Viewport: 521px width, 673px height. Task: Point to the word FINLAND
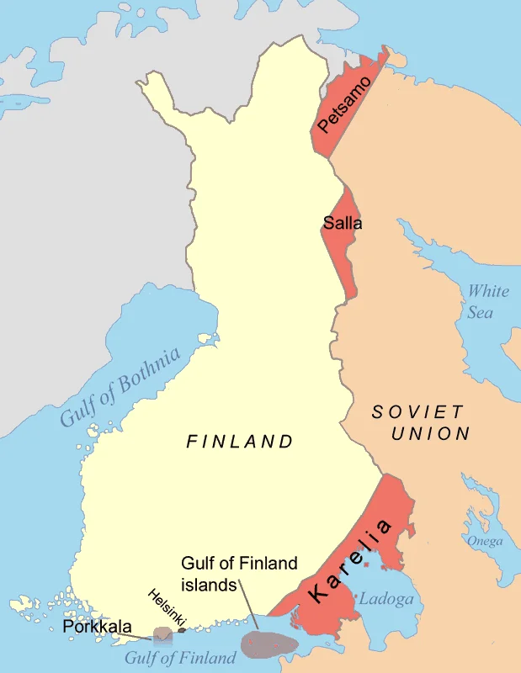click(240, 441)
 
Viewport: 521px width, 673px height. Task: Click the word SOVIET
click(417, 412)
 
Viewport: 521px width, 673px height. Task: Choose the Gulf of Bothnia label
click(120, 386)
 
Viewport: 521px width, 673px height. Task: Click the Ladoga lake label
click(386, 599)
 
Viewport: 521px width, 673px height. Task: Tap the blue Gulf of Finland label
click(180, 658)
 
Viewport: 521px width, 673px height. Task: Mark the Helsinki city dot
click(182, 628)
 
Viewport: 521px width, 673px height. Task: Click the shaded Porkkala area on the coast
click(162, 633)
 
